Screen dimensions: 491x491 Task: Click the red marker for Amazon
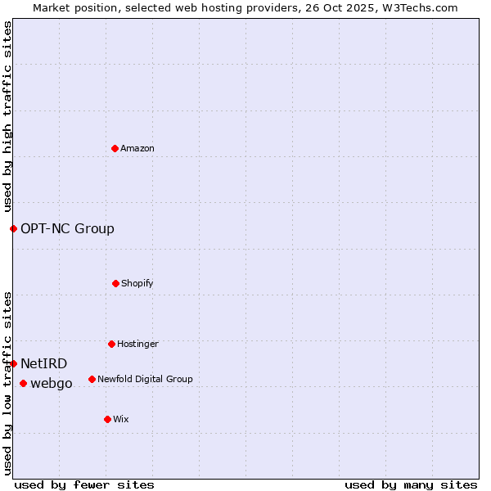coord(115,148)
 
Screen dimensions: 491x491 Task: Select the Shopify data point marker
coord(115,283)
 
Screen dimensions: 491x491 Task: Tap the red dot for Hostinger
coord(111,344)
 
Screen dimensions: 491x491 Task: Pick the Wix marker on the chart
coord(107,419)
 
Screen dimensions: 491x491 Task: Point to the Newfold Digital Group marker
coord(92,379)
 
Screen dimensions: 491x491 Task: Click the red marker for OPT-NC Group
coord(13,228)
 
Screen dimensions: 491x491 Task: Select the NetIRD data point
coord(13,363)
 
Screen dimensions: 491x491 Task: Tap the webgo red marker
coord(23,383)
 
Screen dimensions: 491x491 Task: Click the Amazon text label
coord(137,148)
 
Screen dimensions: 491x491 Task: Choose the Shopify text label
coord(137,283)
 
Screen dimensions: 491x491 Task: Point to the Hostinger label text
coord(137,344)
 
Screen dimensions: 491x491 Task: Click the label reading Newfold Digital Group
coord(145,379)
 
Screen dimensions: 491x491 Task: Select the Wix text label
coord(121,419)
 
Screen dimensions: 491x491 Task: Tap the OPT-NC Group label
coord(67,228)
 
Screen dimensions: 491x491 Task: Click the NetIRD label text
coord(43,363)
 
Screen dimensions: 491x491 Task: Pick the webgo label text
coord(52,383)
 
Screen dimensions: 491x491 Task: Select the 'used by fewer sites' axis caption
coord(84,484)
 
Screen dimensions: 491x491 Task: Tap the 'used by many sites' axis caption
coord(411,484)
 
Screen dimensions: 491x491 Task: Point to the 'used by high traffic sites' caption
coord(7,117)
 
